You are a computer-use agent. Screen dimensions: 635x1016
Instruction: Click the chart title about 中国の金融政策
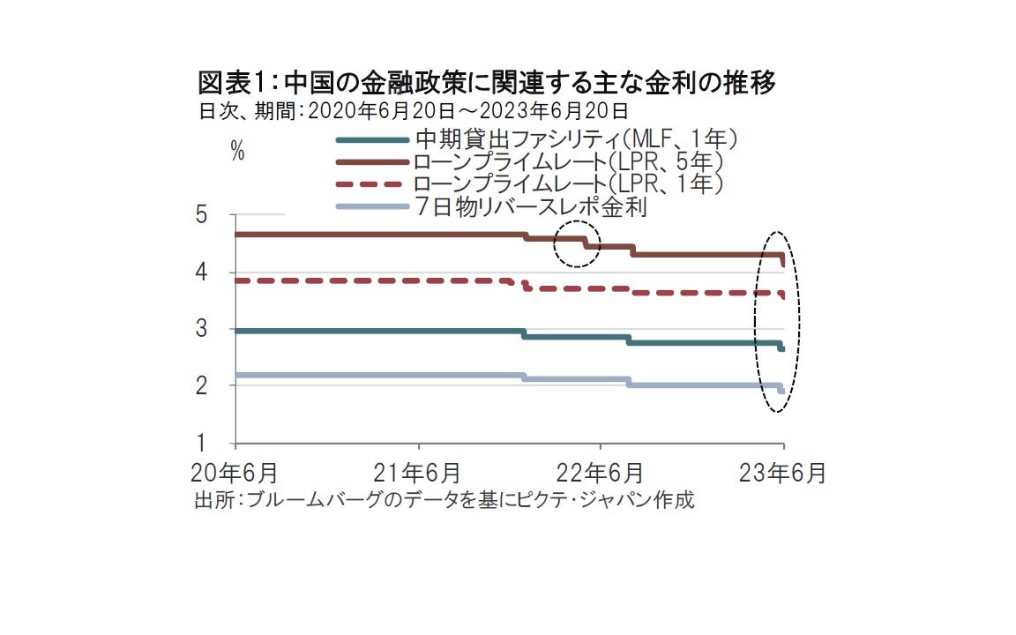[x=487, y=84]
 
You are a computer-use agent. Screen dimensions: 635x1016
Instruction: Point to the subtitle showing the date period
[x=414, y=111]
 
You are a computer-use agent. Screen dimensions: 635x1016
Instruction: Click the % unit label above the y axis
[x=236, y=151]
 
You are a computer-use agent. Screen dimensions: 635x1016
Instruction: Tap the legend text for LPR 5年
[x=568, y=162]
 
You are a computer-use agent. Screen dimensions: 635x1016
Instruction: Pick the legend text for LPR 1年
[x=568, y=184]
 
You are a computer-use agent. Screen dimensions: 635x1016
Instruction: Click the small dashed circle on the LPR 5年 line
[x=577, y=243]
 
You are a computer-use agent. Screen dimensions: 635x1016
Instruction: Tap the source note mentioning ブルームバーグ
[x=444, y=500]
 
